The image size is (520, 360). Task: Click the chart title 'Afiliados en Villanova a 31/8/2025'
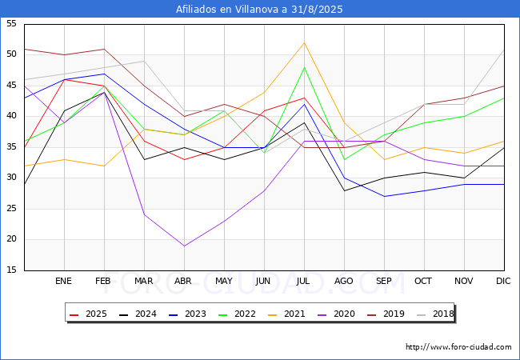[x=260, y=10]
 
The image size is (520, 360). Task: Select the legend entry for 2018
[x=431, y=314]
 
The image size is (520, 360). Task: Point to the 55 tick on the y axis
[x=11, y=24]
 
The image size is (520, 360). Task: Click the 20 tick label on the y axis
[x=11, y=240]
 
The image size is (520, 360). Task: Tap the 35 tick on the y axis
[x=11, y=147]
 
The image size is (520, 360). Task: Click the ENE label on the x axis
[x=64, y=281]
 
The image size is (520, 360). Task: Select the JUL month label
[x=304, y=281]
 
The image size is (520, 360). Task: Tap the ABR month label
[x=184, y=281]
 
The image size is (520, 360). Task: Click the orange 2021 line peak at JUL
[x=304, y=42]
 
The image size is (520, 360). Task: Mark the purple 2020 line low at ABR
[x=184, y=246]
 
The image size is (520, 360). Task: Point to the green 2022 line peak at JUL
[x=304, y=67]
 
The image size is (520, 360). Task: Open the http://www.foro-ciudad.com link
[x=458, y=347]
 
